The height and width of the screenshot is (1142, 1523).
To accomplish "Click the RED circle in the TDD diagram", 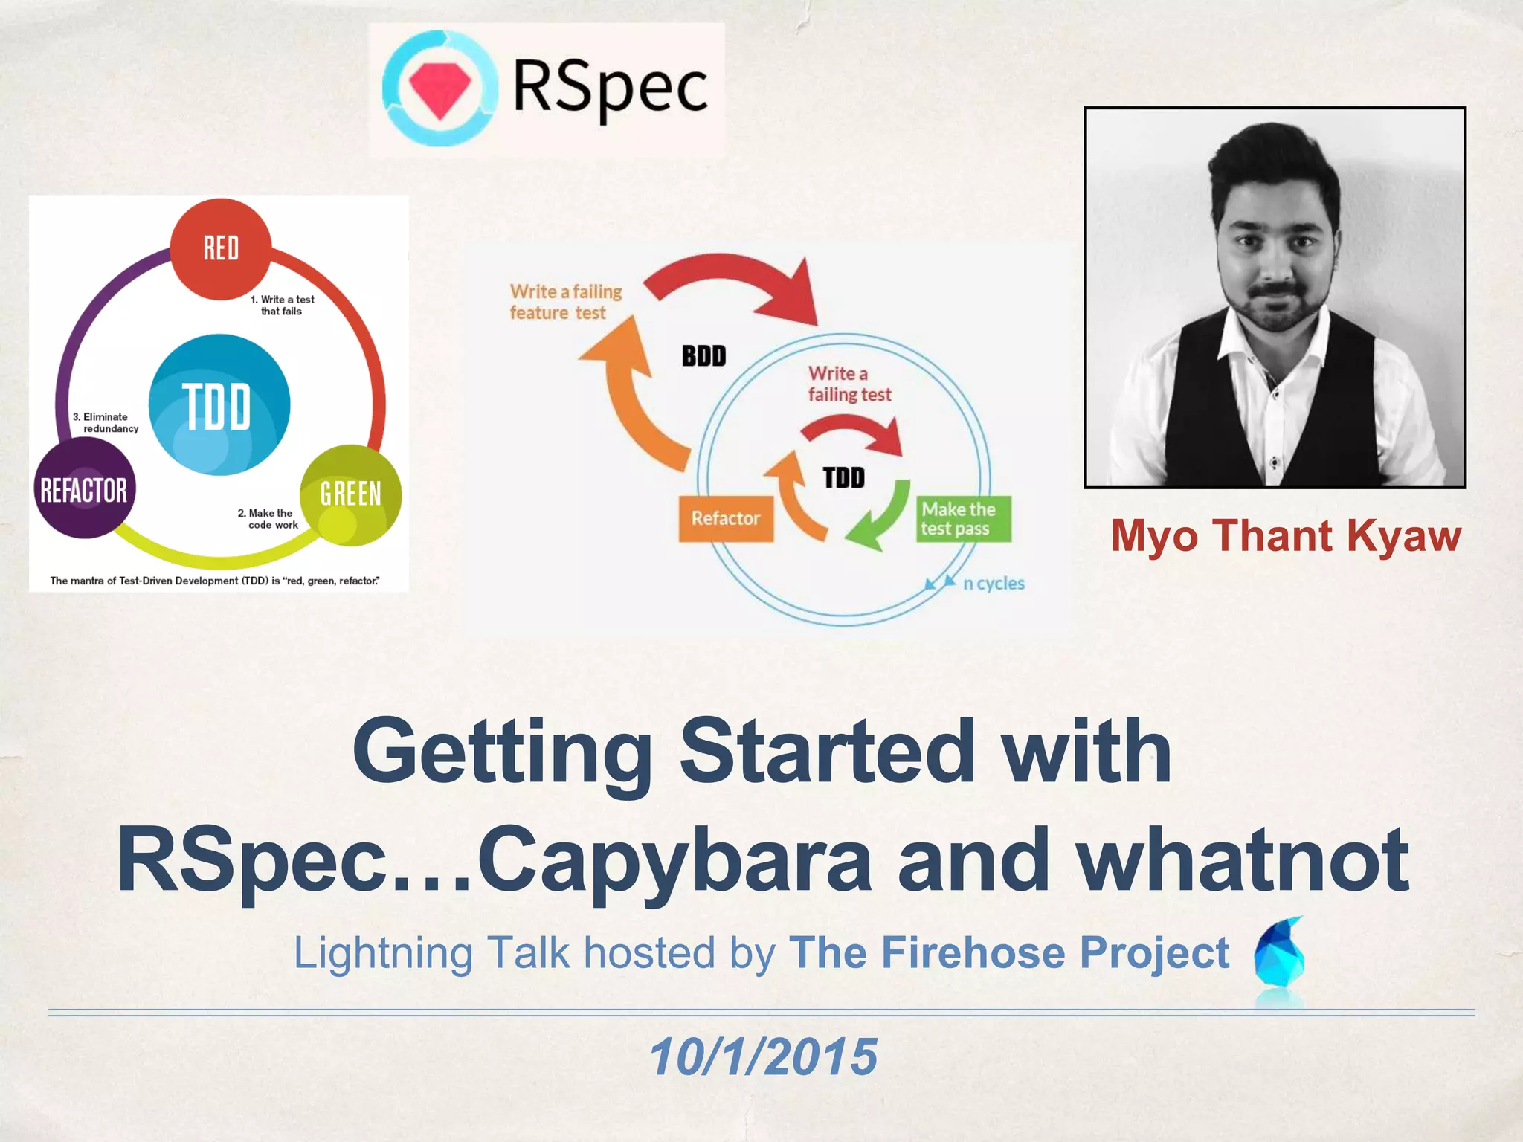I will click(221, 249).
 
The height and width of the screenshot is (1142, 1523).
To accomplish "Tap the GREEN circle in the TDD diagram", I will click(350, 494).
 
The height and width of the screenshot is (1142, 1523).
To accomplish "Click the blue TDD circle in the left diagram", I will click(219, 405).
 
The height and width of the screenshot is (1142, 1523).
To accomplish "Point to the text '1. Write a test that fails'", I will click(283, 305).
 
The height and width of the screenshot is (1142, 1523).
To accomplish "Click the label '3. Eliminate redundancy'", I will click(106, 422).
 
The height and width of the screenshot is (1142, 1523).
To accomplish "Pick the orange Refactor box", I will click(726, 518).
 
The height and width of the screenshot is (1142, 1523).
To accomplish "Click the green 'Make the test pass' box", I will click(963, 519).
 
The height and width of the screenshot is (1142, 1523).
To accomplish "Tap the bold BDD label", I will click(703, 356).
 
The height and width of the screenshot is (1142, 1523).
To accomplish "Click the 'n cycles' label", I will click(994, 584).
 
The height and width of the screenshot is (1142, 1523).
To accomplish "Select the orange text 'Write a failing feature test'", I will click(565, 302).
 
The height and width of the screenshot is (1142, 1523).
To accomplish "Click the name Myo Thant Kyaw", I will click(1285, 536).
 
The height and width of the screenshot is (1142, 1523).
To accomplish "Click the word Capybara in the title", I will click(673, 861).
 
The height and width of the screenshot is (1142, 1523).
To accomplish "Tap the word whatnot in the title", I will click(1243, 861).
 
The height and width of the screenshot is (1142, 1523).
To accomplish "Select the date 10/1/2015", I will click(763, 1056).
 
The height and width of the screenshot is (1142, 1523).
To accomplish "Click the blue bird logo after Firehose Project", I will click(1279, 955).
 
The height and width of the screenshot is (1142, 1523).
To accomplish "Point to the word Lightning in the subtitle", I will click(383, 954).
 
